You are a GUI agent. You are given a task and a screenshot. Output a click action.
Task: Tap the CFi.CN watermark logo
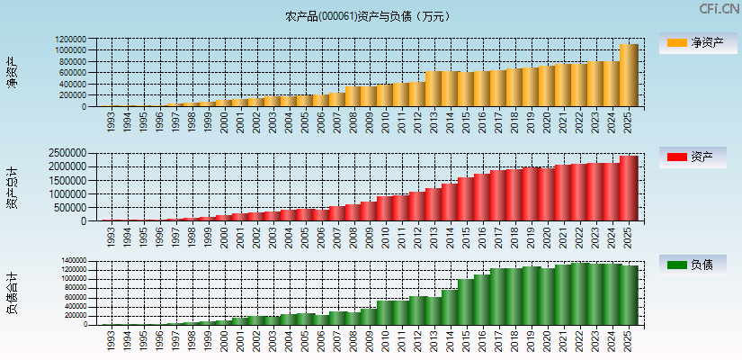(720, 9)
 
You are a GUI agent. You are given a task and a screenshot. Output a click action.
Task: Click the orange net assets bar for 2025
(629, 76)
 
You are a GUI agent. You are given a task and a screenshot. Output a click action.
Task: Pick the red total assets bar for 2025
(629, 189)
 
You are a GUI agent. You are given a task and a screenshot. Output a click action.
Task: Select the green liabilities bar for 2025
(629, 295)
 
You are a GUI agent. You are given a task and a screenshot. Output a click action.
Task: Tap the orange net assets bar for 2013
(434, 89)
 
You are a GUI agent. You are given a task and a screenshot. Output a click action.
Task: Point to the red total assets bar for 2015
(466, 199)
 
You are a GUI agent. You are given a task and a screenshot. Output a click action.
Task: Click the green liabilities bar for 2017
(498, 296)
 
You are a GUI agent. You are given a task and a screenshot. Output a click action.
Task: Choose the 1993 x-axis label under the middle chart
(110, 236)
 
